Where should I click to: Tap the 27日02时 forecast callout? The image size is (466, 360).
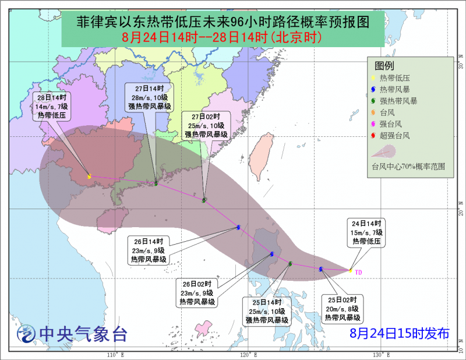207,125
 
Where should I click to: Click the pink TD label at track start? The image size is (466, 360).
358,271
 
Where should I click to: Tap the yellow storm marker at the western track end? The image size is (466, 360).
89,177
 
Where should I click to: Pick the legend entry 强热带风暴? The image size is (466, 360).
398,101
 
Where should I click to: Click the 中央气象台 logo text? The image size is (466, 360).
82,334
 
